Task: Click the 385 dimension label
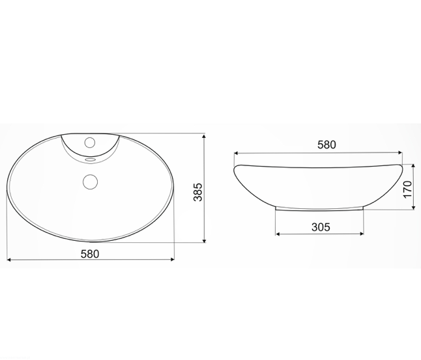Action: (198, 192)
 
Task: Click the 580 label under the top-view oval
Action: (90, 254)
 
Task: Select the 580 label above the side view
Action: (327, 145)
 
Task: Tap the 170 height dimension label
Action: (407, 189)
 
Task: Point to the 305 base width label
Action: (321, 227)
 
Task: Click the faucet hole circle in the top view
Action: (90, 143)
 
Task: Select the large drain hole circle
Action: (90, 182)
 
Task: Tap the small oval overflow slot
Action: (90, 159)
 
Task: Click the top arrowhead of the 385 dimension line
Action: (205, 137)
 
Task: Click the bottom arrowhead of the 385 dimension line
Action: (205, 240)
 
